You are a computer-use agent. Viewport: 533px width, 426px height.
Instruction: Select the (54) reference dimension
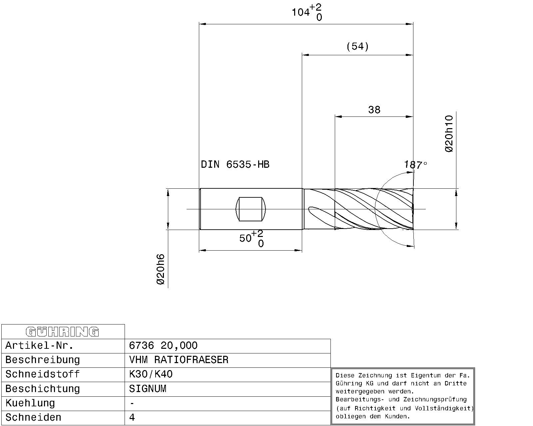357,46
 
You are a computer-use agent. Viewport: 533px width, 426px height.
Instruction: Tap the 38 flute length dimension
374,109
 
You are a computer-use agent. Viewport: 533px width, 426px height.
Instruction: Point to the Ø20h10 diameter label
449,133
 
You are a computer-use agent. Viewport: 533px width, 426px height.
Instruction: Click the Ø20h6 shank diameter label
161,269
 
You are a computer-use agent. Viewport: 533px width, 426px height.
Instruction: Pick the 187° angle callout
416,165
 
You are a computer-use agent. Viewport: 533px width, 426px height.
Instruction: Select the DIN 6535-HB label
235,164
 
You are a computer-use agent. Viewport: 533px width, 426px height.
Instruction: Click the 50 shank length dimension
251,239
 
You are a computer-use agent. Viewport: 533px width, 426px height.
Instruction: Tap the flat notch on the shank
251,209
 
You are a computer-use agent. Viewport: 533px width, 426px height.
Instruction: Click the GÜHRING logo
62,332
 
